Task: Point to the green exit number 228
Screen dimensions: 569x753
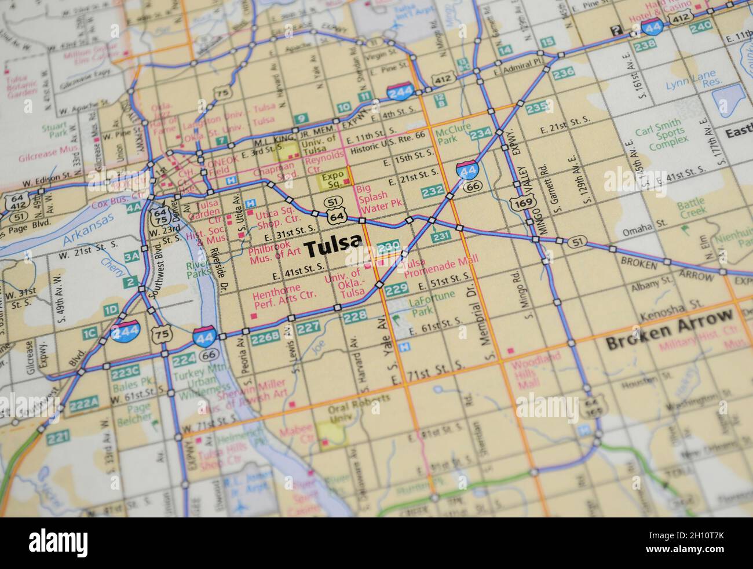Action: [x=354, y=316]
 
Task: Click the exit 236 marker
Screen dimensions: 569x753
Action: [x=563, y=72]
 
